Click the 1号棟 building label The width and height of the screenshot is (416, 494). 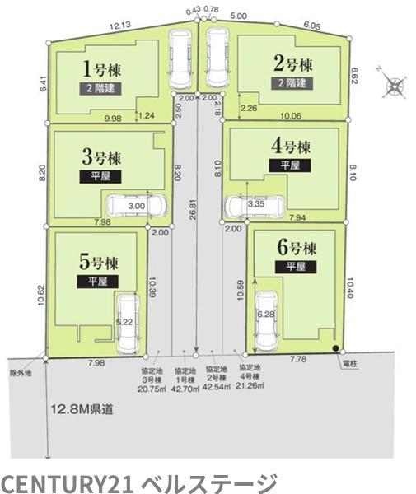point(101,69)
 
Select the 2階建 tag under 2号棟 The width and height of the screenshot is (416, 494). point(292,83)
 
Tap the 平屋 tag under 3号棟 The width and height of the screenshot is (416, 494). point(100,176)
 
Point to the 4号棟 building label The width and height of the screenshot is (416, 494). point(291,147)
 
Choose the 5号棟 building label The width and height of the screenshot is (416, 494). point(99,262)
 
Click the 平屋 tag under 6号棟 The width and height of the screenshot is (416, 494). point(296,267)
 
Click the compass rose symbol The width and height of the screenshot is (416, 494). point(392,83)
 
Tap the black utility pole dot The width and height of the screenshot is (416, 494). point(336,348)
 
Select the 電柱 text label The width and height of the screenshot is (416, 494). point(350,364)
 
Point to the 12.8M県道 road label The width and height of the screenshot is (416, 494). point(82,409)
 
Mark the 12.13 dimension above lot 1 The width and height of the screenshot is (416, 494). point(120,26)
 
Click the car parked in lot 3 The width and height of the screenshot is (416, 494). point(137,206)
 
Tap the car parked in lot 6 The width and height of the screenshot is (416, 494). point(266,321)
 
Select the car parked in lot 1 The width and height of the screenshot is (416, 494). point(180,60)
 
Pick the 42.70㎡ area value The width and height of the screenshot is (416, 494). point(185,389)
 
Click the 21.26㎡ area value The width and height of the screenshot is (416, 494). point(250,385)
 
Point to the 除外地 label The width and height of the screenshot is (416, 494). point(21,374)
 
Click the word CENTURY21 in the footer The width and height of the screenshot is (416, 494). point(67,483)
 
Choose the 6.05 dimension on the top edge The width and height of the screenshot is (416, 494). point(312,26)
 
